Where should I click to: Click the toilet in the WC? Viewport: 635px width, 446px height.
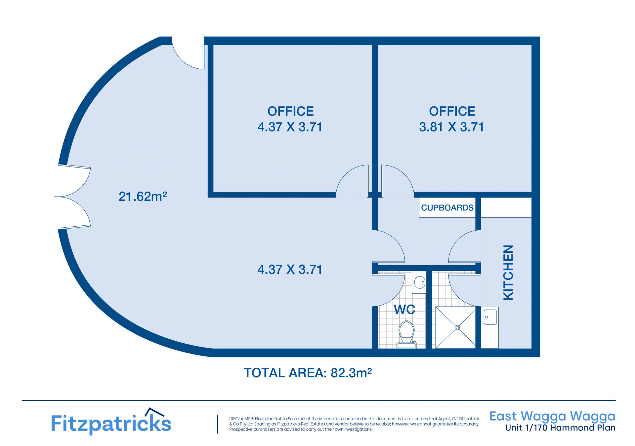pos(406,334)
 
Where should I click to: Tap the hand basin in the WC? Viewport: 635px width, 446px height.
pos(419,282)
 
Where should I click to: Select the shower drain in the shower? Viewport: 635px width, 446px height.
pos(457,327)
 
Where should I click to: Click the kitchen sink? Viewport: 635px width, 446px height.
pos(490,317)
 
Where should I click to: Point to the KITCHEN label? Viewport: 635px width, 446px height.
pos(508,273)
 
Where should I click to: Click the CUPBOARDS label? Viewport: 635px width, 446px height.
pos(447,207)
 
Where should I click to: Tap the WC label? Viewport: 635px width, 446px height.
pos(404,310)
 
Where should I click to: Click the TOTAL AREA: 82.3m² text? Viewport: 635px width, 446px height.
pos(308,373)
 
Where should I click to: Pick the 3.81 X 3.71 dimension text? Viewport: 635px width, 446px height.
pos(451,127)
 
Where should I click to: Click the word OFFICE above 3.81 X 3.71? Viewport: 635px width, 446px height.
pos(452,111)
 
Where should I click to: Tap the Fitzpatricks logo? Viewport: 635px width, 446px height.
pos(111,421)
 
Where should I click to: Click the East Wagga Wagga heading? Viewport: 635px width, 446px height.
pos(552,416)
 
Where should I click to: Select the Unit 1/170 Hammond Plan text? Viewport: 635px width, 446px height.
pos(560,428)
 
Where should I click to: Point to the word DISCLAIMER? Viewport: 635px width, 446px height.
pos(241,419)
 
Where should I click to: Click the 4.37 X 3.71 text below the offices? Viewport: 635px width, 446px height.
pos(290,269)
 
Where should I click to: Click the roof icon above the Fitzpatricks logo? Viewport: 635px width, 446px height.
pos(155,412)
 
